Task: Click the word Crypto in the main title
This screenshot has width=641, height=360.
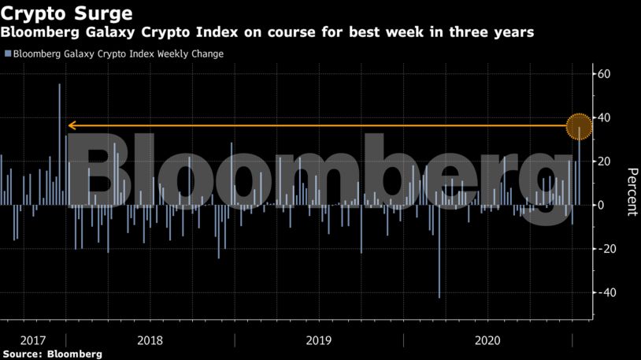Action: tap(35, 14)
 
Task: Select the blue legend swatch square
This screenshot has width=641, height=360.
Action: tap(8, 54)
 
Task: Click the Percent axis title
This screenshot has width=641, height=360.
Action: tap(631, 191)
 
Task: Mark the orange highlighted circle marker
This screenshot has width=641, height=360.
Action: tap(580, 125)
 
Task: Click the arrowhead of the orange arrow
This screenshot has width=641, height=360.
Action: tap(71, 125)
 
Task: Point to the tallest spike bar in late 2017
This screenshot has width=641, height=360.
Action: tap(59, 118)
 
